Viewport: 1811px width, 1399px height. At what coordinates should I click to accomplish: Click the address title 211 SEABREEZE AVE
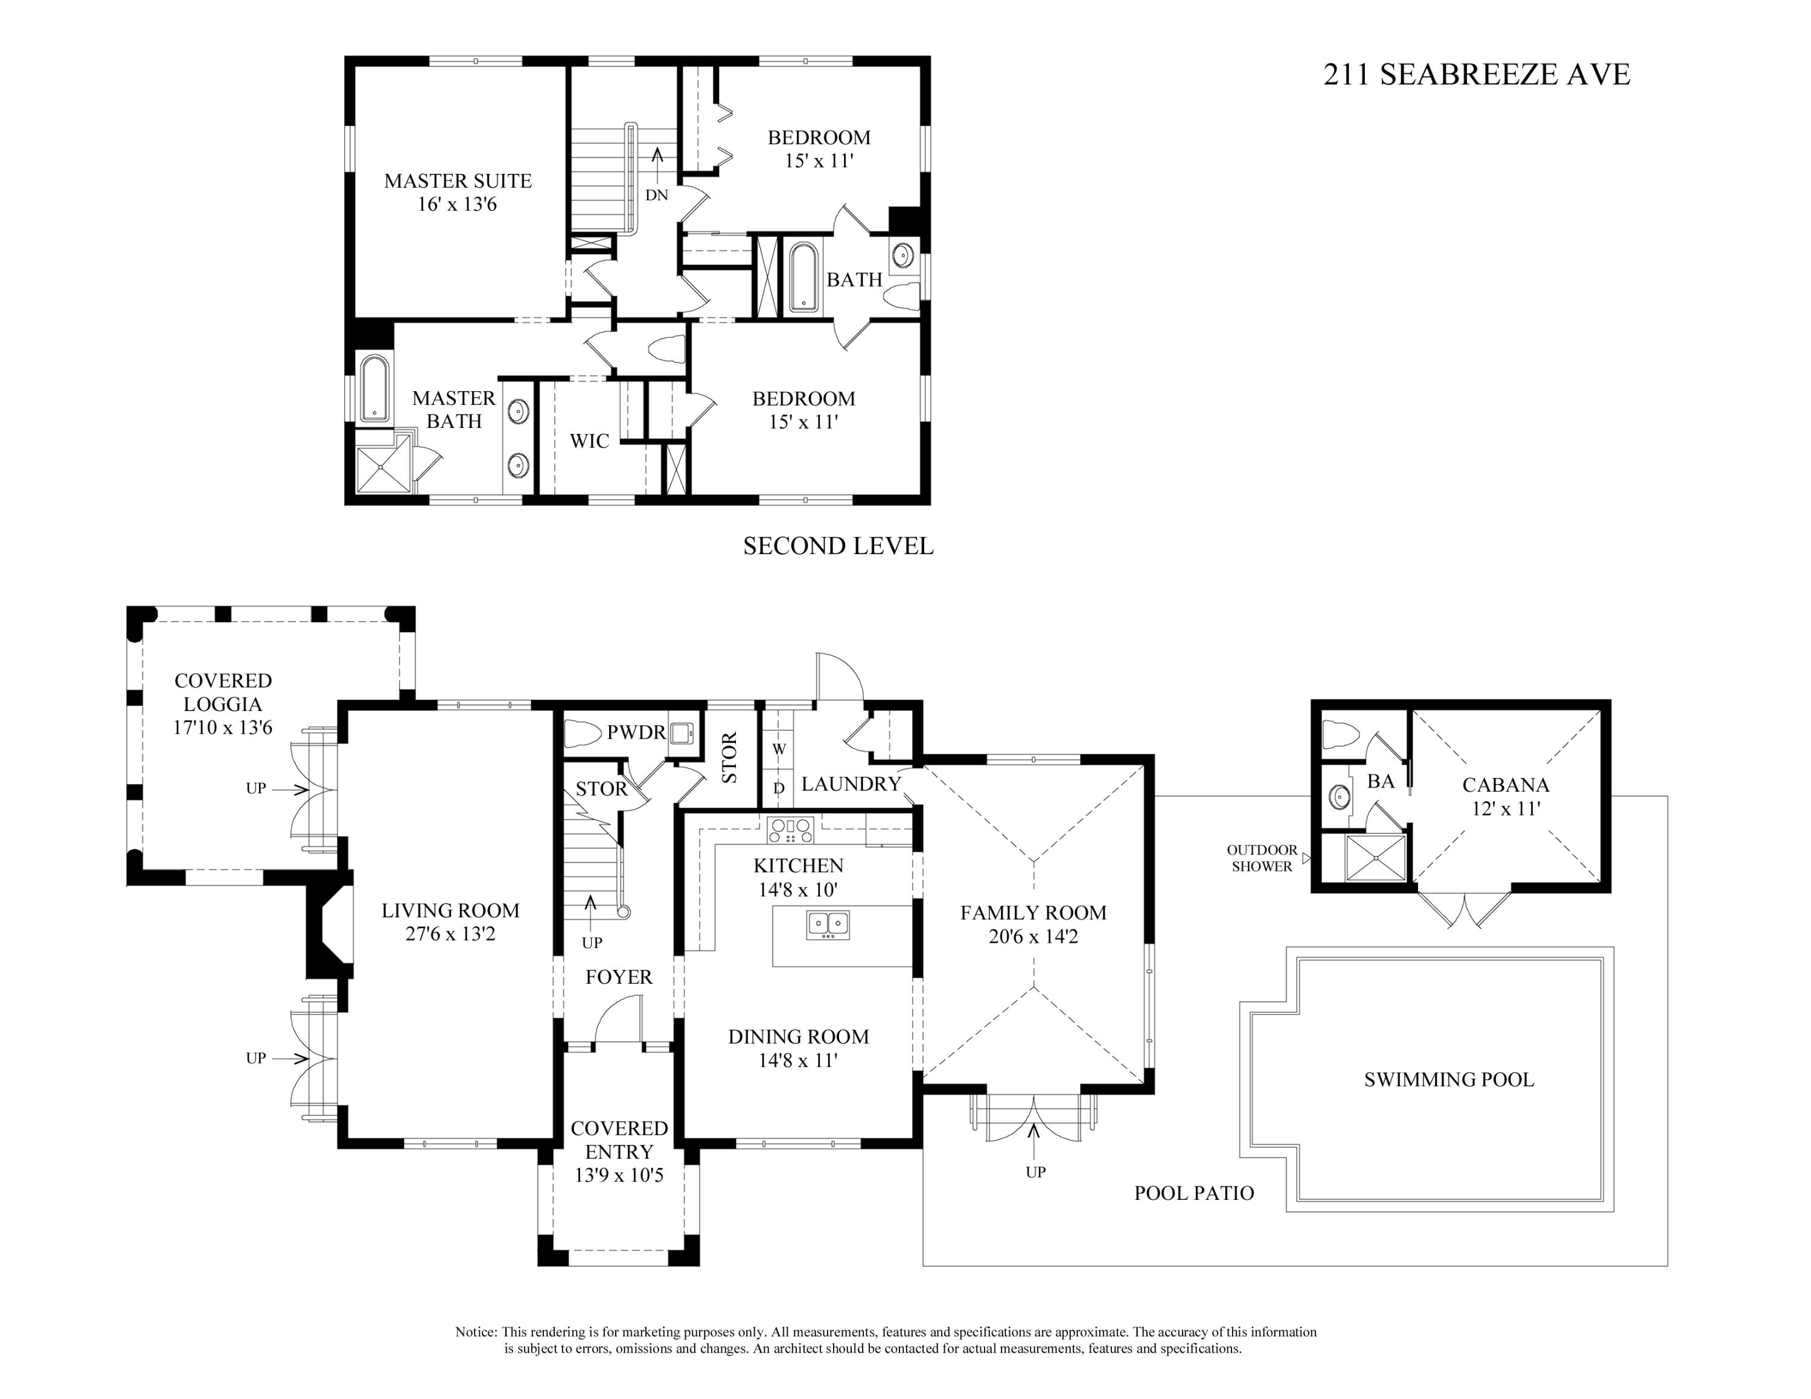[1477, 75]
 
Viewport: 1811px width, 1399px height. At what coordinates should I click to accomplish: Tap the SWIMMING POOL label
[1449, 1079]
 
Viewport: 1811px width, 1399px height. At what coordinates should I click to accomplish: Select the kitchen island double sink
[828, 924]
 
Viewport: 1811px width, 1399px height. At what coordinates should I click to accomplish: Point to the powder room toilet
[582, 733]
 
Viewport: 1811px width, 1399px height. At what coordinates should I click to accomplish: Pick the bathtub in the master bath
[375, 388]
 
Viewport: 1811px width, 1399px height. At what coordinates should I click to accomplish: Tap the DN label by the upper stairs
[657, 196]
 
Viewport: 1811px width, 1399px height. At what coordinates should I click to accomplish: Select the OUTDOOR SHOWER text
[1262, 858]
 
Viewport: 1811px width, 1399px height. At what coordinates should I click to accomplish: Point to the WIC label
[590, 441]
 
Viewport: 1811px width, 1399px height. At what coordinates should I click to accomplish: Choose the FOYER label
[619, 977]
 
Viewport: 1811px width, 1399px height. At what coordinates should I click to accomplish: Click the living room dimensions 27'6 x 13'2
[450, 934]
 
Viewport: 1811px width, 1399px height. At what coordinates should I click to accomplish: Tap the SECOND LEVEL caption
[838, 546]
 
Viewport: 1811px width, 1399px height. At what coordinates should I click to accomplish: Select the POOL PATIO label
[1194, 1193]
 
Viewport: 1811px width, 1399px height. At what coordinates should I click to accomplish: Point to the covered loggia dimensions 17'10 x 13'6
[222, 728]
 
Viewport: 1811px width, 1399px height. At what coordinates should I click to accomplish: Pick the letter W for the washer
[779, 748]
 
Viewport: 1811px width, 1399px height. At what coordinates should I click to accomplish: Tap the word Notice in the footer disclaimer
[475, 1332]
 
